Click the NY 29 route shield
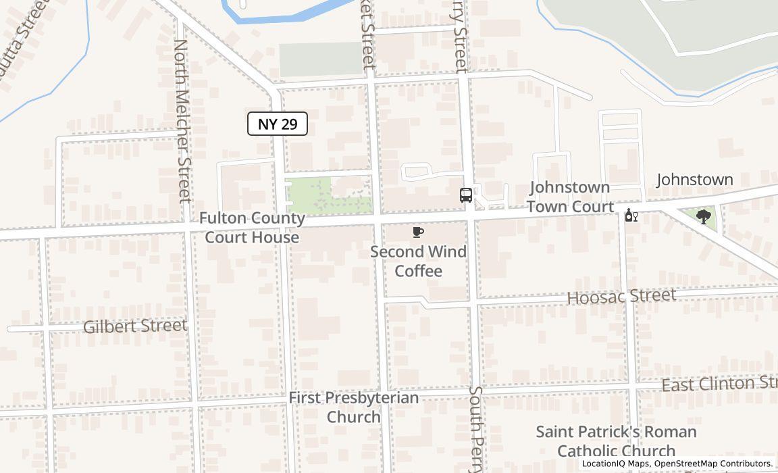pos(278,124)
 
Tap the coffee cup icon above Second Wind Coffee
pos(418,232)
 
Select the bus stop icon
pos(466,195)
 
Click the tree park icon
pos(704,217)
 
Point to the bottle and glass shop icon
pos(631,216)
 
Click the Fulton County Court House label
pos(252,228)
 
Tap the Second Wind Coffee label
pos(419,262)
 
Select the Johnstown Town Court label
pos(571,197)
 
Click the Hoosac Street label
pos(621,297)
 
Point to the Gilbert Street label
pos(135,326)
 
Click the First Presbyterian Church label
pos(354,407)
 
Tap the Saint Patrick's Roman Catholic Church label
pos(616,441)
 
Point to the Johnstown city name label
pos(695,180)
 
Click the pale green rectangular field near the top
pos(320,59)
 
